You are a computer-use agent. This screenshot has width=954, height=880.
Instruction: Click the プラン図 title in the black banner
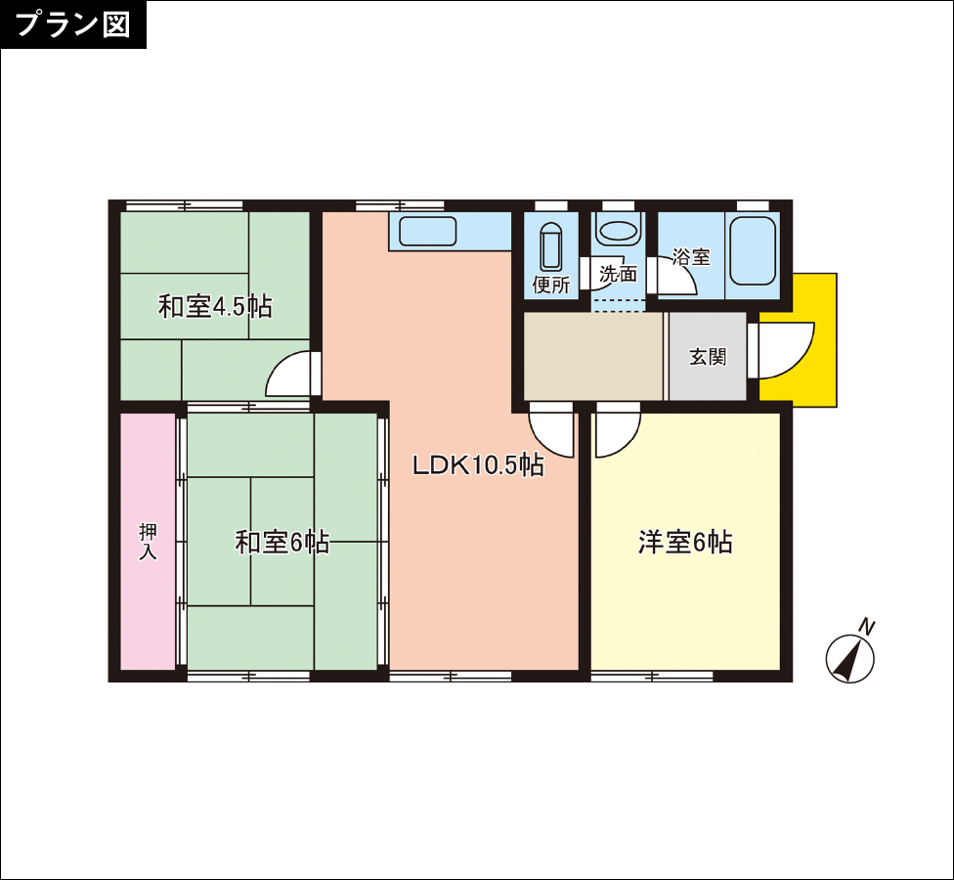click(72, 24)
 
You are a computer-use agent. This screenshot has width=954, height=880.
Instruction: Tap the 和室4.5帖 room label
click(215, 306)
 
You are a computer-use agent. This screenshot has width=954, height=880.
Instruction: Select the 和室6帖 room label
click(282, 543)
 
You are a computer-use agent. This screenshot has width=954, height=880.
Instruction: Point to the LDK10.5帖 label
click(478, 465)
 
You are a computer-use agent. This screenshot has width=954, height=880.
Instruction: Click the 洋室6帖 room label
click(685, 542)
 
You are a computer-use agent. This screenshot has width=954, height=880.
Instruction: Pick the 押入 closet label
click(148, 541)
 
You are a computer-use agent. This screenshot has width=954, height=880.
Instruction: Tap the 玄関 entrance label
click(708, 357)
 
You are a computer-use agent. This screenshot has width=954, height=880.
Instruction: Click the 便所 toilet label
click(551, 285)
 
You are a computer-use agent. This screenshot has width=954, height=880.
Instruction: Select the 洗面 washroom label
click(618, 274)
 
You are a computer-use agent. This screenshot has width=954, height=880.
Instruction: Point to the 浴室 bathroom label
click(691, 257)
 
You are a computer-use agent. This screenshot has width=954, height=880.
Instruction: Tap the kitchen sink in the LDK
click(428, 232)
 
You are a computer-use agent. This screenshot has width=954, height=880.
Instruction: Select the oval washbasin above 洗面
click(618, 231)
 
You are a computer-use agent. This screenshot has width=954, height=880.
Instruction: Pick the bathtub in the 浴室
click(753, 251)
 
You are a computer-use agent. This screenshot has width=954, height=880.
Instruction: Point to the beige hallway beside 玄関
click(593, 357)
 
